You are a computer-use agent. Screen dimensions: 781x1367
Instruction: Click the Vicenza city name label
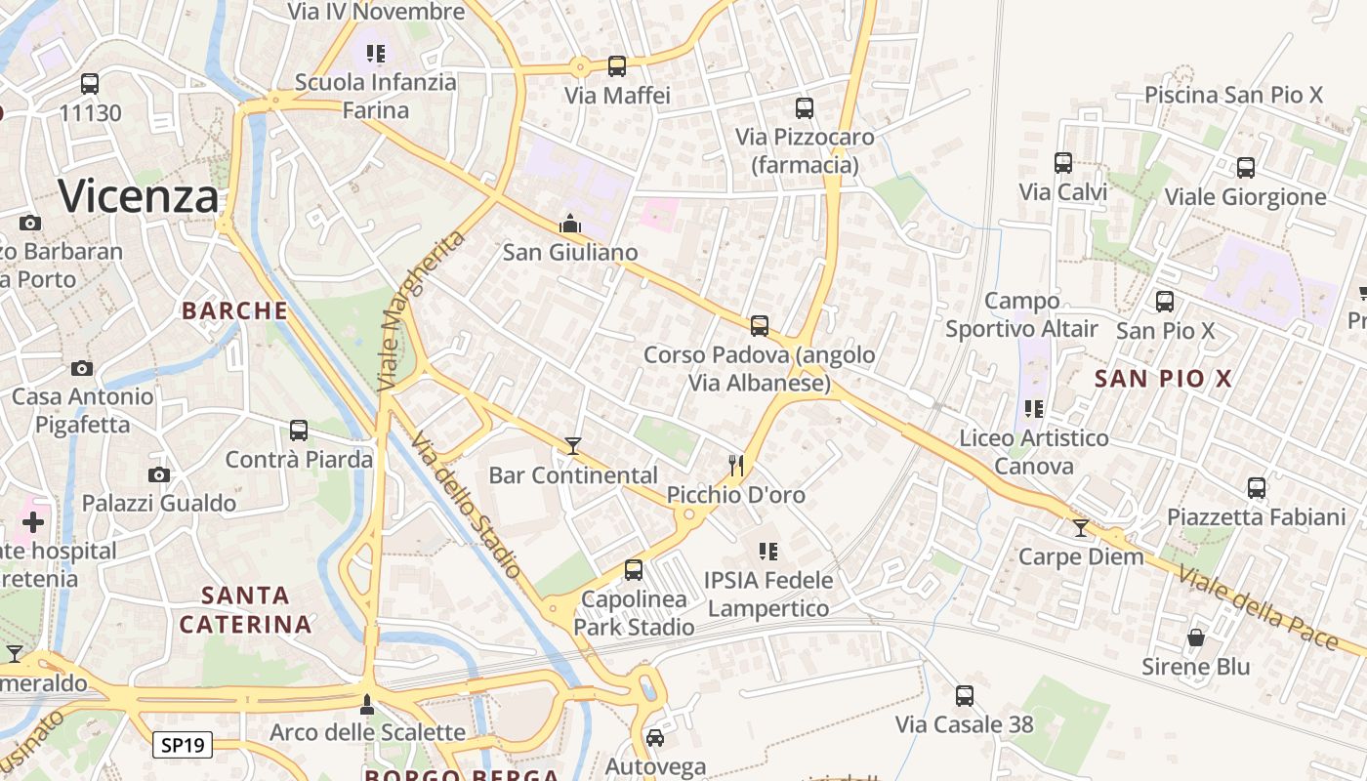[139, 197]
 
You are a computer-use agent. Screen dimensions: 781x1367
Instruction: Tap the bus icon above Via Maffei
[617, 66]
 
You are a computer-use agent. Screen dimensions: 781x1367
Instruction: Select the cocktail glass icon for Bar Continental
[573, 446]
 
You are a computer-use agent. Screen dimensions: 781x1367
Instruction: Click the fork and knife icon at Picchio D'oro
[736, 466]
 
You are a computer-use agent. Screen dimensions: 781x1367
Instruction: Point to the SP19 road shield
[183, 746]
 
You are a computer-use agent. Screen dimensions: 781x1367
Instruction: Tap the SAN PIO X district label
[1164, 379]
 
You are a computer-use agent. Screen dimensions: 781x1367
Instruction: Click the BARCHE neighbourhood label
[235, 311]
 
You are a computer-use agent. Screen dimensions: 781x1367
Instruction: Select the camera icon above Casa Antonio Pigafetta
[82, 368]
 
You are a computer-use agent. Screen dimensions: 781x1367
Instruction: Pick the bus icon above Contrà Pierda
[299, 430]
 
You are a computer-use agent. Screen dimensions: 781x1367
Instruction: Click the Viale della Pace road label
[1258, 606]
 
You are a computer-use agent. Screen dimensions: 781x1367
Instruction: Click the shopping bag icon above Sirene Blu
[1196, 637]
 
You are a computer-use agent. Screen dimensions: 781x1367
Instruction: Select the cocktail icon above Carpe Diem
[1080, 528]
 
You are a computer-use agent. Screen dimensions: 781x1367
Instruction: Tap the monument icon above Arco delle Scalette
[367, 703]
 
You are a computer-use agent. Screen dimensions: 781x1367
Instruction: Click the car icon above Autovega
[655, 737]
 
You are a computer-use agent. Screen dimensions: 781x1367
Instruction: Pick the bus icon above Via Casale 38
[965, 695]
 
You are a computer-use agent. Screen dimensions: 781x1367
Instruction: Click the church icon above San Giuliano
[570, 224]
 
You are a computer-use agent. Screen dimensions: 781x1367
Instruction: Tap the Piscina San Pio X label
[1233, 95]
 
